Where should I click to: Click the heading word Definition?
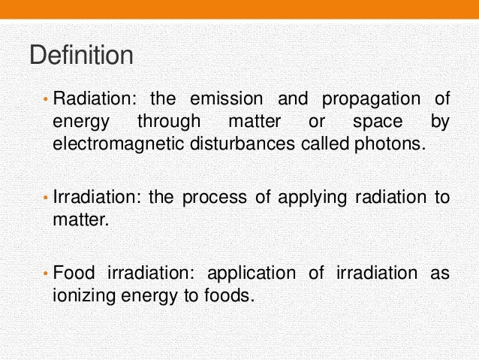(81, 56)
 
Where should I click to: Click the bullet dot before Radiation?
(45, 98)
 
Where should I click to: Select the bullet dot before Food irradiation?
(45, 273)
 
